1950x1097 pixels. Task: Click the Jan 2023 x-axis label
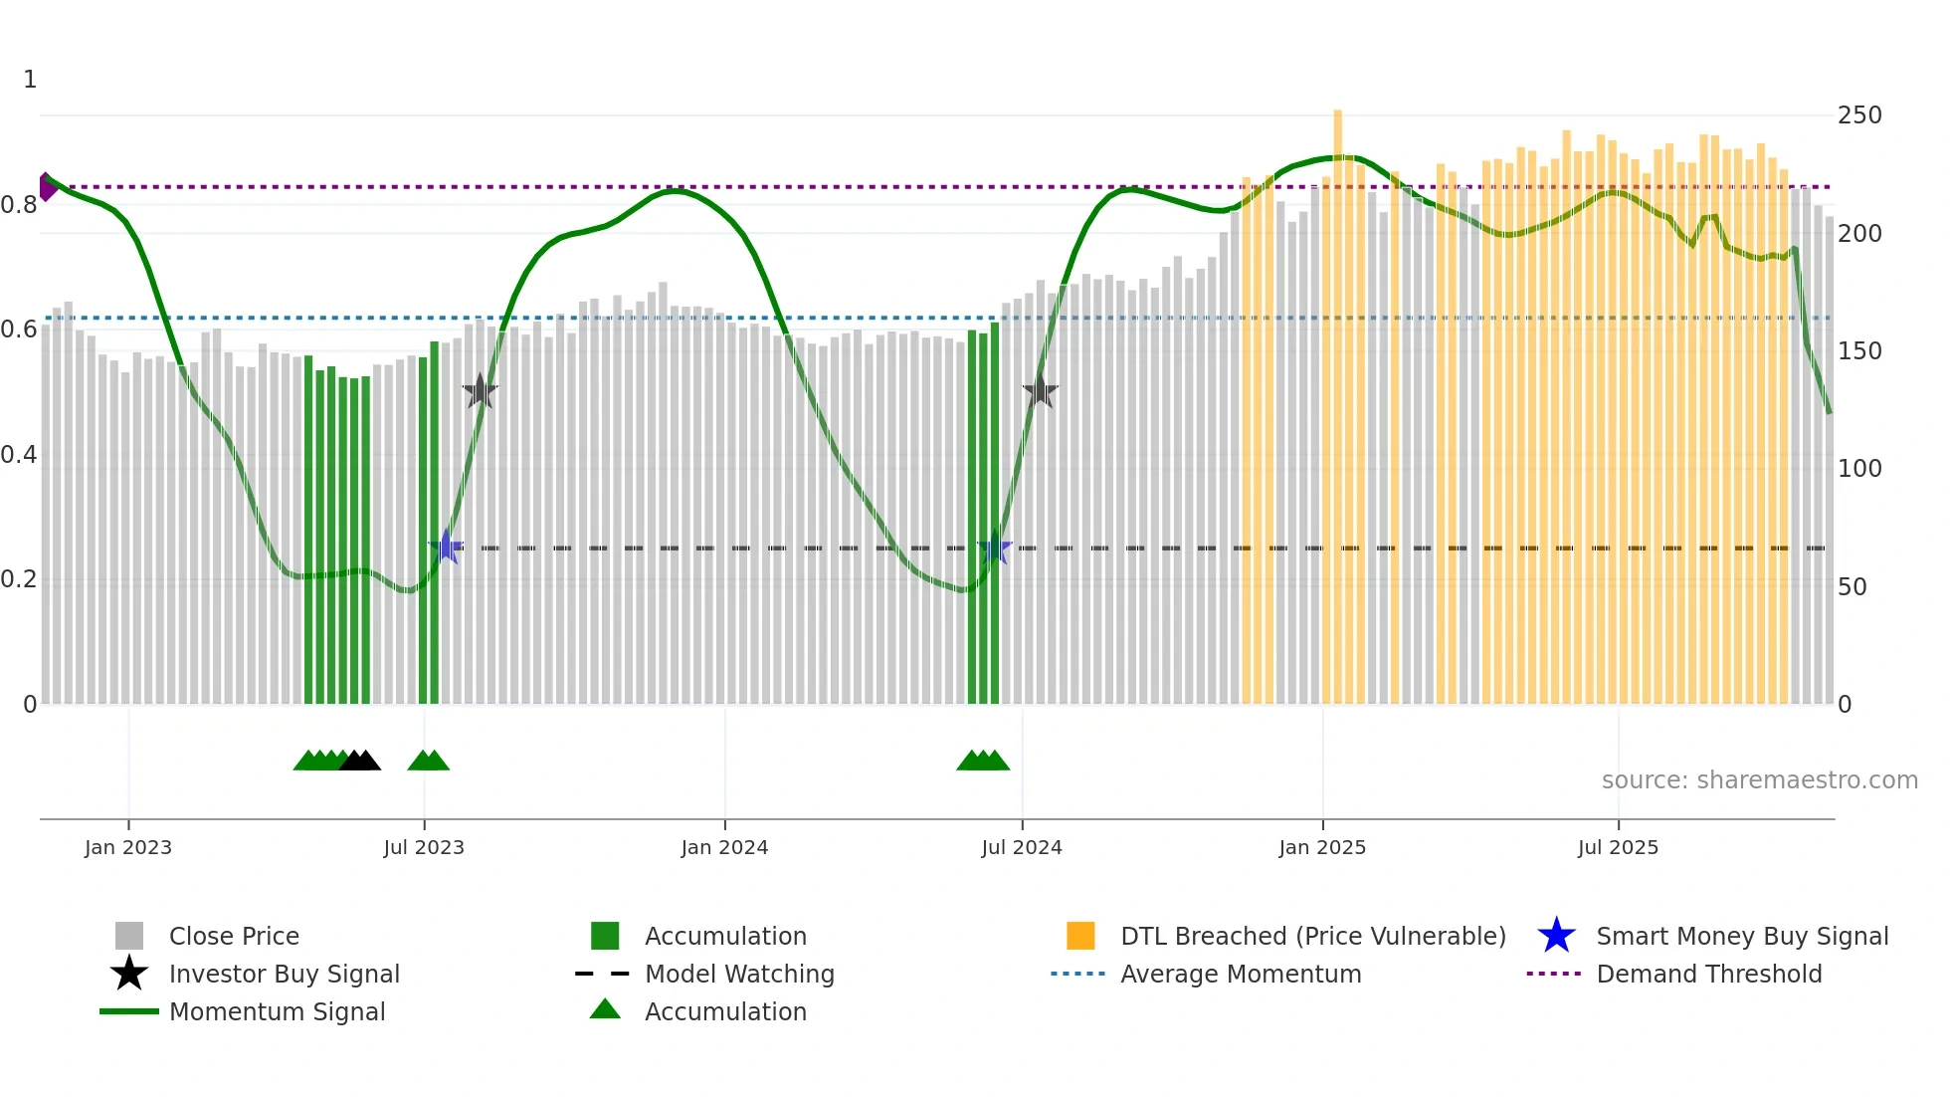tap(127, 847)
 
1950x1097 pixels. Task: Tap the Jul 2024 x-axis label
tap(1022, 847)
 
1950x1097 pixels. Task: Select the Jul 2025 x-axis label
tap(1618, 847)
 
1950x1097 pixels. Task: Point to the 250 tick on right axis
tap(1859, 115)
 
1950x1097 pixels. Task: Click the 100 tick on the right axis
tap(1859, 469)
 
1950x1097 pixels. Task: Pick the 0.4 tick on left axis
tap(19, 455)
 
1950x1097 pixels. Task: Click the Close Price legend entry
tap(233, 936)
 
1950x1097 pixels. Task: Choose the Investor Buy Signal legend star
tap(129, 974)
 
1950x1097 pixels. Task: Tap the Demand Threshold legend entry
tap(1708, 974)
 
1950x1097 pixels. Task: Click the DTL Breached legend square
tap(1080, 936)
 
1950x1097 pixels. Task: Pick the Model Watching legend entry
tap(738, 974)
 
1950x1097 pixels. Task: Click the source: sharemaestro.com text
tap(1759, 780)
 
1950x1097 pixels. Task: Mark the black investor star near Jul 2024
tap(1041, 391)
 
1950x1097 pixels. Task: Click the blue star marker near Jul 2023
tap(446, 547)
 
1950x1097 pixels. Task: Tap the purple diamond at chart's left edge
tap(47, 187)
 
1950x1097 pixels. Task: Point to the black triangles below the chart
tap(360, 761)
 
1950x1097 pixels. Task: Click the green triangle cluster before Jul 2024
tap(983, 761)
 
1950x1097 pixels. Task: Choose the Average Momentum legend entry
tap(1240, 974)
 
